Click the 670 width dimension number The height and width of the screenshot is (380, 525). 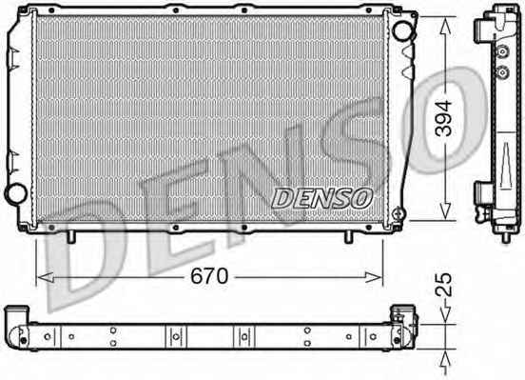click(209, 276)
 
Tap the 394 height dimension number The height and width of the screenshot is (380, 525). click(444, 118)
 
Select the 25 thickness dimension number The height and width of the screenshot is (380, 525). click(444, 285)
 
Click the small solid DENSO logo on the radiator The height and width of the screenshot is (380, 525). click(322, 198)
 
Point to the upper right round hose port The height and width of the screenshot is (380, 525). click(403, 30)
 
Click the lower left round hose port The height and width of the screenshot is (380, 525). click(15, 193)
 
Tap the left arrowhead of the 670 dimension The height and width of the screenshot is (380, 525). click(46, 277)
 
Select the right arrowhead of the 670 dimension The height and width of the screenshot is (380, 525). click(373, 277)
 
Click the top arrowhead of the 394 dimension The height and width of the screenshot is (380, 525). click(445, 26)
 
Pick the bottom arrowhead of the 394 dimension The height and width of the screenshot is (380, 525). click(445, 211)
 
